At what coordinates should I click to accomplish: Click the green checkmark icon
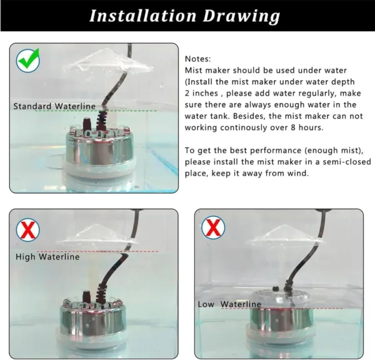(x=27, y=61)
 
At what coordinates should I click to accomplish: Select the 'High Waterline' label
(x=47, y=257)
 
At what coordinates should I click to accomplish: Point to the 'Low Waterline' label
(x=229, y=304)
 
